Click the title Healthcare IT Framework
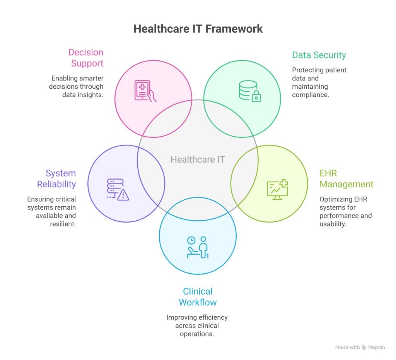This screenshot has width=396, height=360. pos(198,29)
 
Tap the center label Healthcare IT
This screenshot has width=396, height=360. pos(198,159)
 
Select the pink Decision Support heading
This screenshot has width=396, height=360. pos(86,58)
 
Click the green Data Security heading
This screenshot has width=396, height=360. pos(319,55)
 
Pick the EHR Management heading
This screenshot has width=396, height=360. pos(346,178)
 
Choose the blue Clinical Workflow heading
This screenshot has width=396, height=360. pos(198,297)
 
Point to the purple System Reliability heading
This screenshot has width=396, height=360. pos(56,178)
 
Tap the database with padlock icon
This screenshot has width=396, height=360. pos(250,91)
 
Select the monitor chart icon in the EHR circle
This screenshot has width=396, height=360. pos(277,190)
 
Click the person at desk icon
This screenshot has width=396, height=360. pos(198,247)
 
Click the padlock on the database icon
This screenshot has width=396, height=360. pos(256,97)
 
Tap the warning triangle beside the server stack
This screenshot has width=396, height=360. pos(123,195)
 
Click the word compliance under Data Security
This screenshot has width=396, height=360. pos(310,94)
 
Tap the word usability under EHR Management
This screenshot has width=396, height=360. pos(332,224)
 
